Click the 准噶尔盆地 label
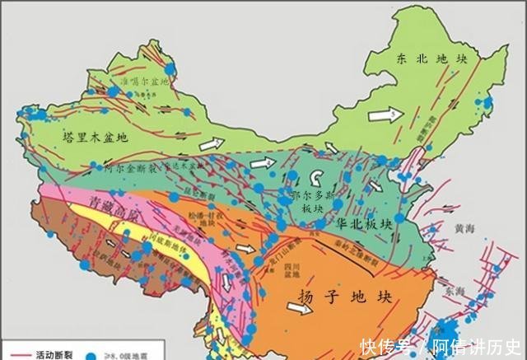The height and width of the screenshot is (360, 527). tap(145, 82)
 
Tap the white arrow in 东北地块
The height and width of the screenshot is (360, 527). tap(382, 115)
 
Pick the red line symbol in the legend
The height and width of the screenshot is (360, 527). tap(18, 356)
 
